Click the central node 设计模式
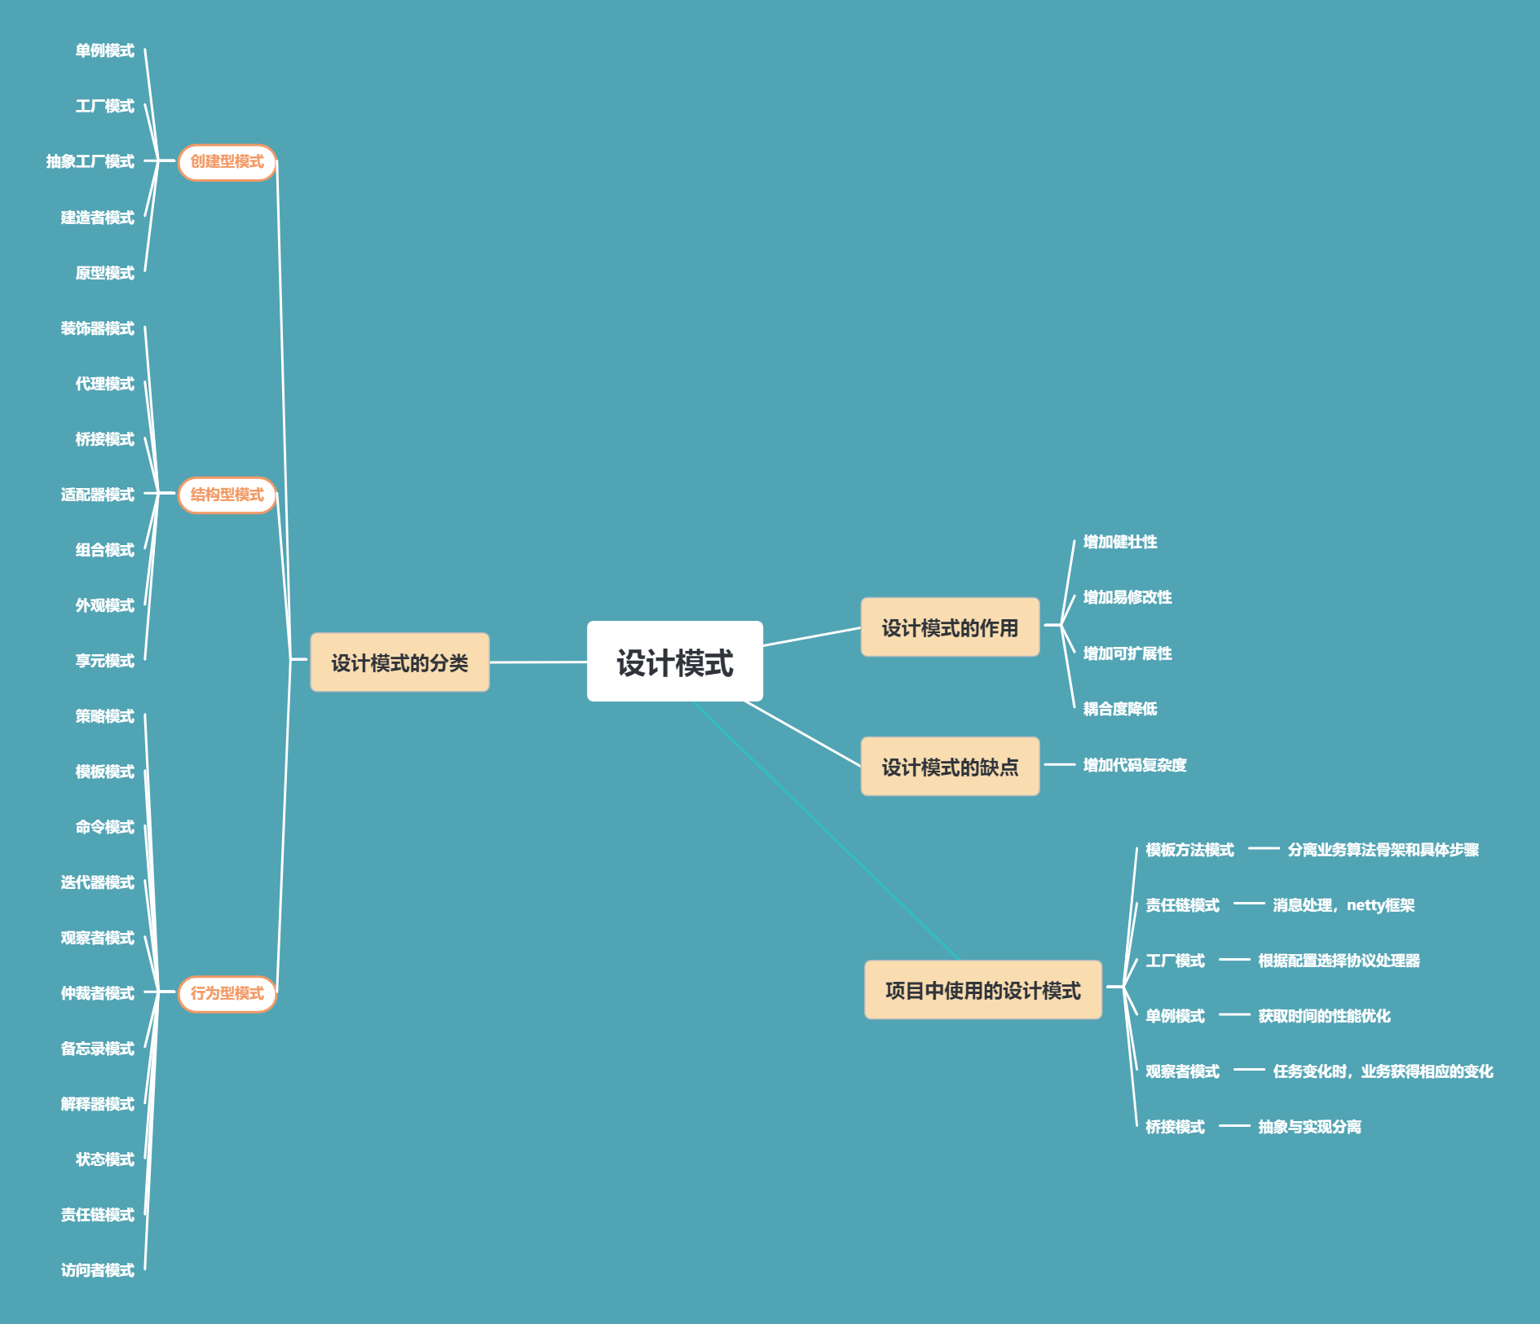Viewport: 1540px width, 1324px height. click(x=674, y=662)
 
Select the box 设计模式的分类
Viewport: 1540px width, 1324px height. click(x=399, y=662)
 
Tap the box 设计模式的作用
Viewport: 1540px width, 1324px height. click(x=950, y=627)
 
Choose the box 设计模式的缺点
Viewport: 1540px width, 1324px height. click(x=950, y=767)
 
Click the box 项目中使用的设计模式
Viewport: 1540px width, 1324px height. click(x=982, y=990)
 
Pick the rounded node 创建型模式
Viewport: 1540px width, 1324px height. click(x=227, y=162)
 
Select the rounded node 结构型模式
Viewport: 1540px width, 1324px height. click(x=227, y=495)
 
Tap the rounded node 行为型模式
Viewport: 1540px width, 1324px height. click(x=227, y=993)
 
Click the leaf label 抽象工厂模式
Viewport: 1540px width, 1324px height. click(x=90, y=161)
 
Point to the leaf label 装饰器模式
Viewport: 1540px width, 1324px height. click(x=97, y=328)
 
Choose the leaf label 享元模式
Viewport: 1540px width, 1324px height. click(x=104, y=661)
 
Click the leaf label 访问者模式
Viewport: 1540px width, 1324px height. click(x=97, y=1270)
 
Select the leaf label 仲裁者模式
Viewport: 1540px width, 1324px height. click(x=97, y=993)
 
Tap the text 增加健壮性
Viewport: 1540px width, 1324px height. click(x=1119, y=542)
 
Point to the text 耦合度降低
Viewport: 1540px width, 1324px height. click(x=1119, y=709)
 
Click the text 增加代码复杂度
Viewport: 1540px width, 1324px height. click(x=1134, y=765)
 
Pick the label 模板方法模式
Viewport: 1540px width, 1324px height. click(x=1189, y=850)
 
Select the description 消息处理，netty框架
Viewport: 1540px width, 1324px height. click(x=1343, y=905)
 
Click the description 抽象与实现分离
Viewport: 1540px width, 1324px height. click(x=1309, y=1127)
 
